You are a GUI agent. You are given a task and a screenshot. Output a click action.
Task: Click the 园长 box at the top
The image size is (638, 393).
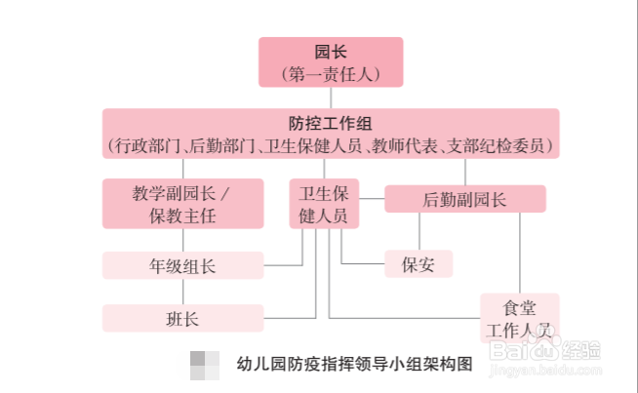pos(331,61)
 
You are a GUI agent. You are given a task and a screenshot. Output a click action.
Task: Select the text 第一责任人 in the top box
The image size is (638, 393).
pos(331,73)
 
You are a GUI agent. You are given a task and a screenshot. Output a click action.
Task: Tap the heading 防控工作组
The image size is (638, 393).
pos(331,124)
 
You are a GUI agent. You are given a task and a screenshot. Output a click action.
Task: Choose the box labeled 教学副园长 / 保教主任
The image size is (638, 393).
pos(183,203)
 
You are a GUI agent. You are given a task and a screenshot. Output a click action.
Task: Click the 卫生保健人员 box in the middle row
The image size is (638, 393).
pos(324,203)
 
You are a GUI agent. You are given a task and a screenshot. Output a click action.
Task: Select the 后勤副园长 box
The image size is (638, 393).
pos(464,199)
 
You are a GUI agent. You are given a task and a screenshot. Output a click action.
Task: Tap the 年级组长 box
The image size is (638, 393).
pos(183,265)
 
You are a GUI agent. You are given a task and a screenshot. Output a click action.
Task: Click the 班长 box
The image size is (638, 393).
pos(183,318)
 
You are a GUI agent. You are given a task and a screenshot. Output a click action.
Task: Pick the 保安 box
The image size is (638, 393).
pos(419,263)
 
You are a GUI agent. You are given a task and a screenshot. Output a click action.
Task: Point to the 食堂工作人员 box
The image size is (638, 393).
pos(520,318)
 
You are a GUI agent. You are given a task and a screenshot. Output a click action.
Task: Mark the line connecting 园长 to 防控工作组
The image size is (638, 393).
pos(331,97)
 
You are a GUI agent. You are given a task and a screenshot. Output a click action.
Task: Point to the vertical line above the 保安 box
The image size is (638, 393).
pos(419,231)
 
